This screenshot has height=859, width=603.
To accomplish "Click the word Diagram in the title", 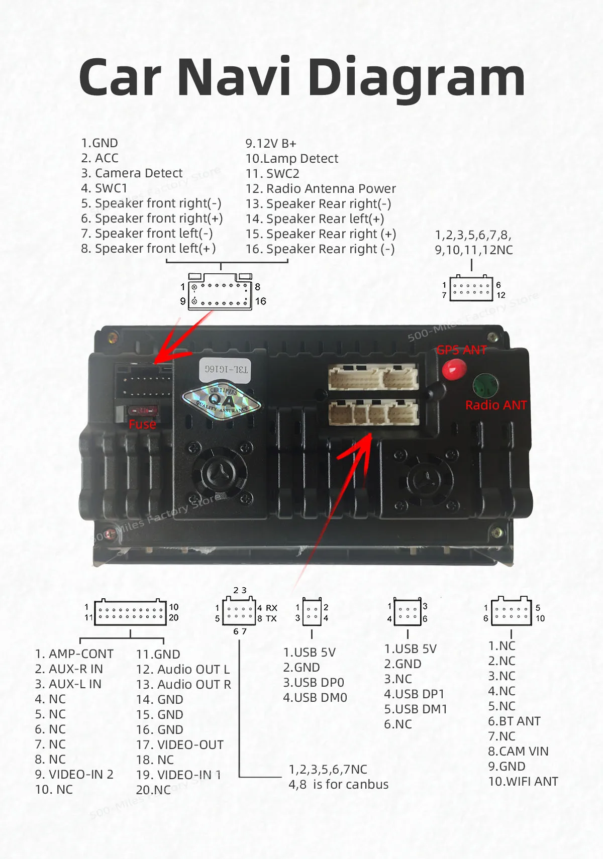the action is click(417, 78).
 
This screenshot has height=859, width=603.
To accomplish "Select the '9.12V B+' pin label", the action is click(271, 144).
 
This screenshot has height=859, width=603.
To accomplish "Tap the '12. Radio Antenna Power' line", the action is click(321, 189).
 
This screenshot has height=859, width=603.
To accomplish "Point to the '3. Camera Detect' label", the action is click(132, 173).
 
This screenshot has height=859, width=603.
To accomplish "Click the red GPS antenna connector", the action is click(454, 370).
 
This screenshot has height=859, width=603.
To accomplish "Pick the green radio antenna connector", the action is click(485, 385).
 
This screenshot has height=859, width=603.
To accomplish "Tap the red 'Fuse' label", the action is click(142, 424).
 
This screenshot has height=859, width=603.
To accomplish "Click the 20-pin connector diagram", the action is click(130, 612).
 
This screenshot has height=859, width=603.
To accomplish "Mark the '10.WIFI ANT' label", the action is click(523, 782).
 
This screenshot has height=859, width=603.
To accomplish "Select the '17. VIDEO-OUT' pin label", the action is click(180, 745).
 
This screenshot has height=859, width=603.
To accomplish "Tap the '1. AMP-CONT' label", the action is click(74, 654).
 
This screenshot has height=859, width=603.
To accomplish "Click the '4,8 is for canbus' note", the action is click(338, 785).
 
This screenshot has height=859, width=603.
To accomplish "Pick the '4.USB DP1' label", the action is click(414, 694).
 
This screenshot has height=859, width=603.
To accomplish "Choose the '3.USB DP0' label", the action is click(314, 683).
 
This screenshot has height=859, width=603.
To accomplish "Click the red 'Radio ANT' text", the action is click(496, 405).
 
